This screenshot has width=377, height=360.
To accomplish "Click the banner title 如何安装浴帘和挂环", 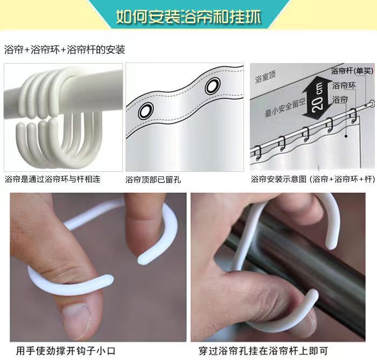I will click(x=188, y=17).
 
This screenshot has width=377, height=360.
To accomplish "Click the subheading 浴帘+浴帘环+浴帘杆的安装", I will click(x=65, y=50).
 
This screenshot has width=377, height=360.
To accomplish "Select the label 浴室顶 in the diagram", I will click(x=265, y=79).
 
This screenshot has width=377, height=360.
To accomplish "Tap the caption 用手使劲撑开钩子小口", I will click(x=66, y=350).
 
